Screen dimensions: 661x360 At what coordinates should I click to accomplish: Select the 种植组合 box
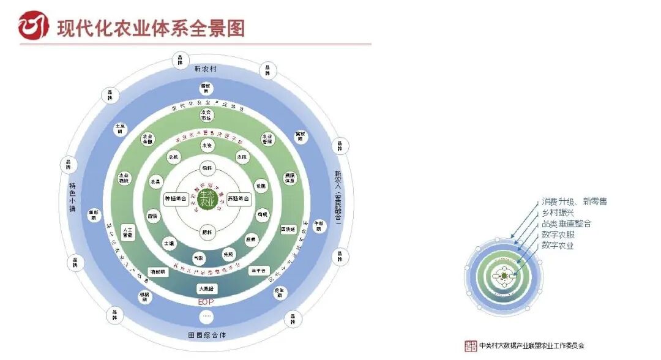click(x=175, y=199)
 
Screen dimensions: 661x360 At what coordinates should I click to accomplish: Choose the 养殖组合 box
click(x=239, y=199)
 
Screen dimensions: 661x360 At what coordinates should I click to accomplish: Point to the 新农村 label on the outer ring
click(x=206, y=69)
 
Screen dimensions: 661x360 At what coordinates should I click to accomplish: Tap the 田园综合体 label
click(x=206, y=336)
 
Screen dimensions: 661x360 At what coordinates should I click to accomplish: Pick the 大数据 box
click(x=206, y=288)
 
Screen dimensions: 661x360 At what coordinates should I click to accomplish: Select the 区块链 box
click(x=288, y=230)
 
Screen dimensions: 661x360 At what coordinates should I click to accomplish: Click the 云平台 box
click(x=259, y=270)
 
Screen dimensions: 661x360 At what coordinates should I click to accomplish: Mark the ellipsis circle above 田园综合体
click(x=206, y=317)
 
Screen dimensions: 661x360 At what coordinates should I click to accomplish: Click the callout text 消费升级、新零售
click(x=574, y=201)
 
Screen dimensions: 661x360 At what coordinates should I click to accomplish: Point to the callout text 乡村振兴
click(x=558, y=212)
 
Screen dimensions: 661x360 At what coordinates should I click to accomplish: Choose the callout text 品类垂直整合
click(x=566, y=223)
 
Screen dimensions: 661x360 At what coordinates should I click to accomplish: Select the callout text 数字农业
click(x=558, y=246)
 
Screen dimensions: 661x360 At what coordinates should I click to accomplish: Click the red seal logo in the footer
click(x=471, y=346)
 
